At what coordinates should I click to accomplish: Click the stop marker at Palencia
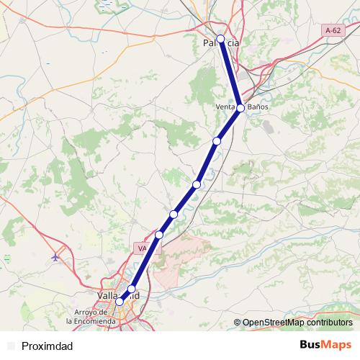point(221,39)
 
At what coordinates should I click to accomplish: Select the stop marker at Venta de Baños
point(240,108)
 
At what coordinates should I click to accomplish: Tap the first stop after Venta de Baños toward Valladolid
point(217,140)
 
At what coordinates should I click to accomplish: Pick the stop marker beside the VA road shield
point(159,235)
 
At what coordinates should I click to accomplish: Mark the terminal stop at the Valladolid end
point(120,302)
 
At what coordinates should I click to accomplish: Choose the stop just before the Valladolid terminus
point(131,289)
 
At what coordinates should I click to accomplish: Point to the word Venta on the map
point(225,107)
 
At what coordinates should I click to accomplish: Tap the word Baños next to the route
point(258,107)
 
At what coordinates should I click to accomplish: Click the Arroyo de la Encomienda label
point(90,316)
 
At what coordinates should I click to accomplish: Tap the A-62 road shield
point(332,31)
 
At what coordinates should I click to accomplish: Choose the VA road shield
point(141,248)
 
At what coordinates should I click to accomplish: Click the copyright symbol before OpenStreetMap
point(238,323)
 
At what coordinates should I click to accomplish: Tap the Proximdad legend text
point(47,346)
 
